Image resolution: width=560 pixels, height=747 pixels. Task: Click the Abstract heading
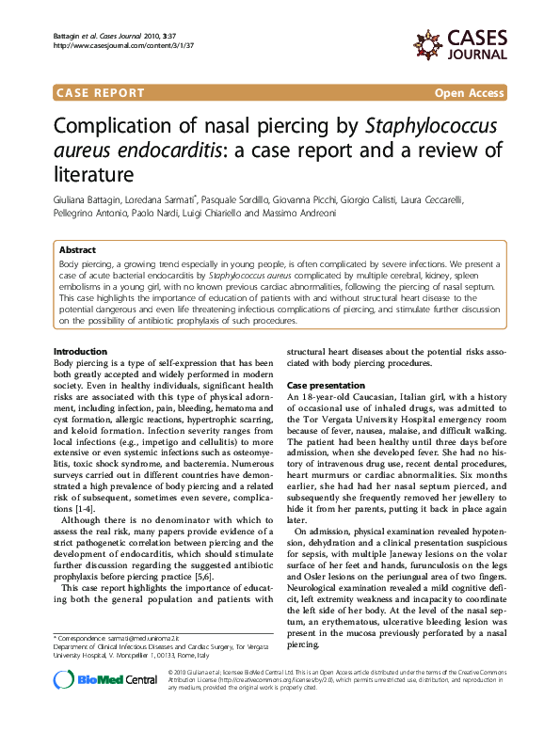tap(77, 250)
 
